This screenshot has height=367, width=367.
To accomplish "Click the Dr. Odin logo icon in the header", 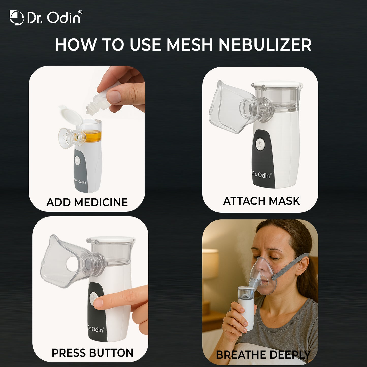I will click(x=17, y=18).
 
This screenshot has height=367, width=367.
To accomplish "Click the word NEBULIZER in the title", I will click(x=265, y=45).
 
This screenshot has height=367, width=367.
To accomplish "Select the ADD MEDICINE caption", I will click(x=87, y=202).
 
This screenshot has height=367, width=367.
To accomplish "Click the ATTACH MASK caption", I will click(x=261, y=201).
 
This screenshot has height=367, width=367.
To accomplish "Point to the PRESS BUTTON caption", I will click(x=92, y=353).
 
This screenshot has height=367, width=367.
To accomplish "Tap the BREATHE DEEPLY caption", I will click(x=263, y=355).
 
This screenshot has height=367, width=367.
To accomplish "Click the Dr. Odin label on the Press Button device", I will click(x=95, y=329).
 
